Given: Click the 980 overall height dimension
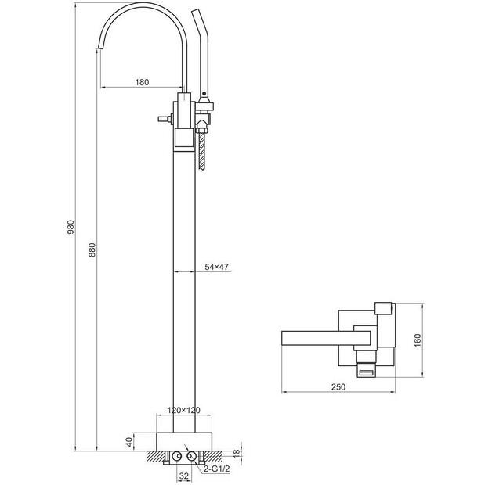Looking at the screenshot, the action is [x=71, y=227].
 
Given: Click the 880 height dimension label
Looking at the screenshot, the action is [x=92, y=250].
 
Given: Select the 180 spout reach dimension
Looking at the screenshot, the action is [x=142, y=82].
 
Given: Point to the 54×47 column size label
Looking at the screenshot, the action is [x=216, y=267].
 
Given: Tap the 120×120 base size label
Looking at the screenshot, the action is [x=183, y=410].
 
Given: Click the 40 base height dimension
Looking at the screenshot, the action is [x=129, y=442].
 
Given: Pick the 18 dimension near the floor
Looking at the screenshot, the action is [x=237, y=452].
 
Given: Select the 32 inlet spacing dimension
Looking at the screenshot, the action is [x=184, y=476].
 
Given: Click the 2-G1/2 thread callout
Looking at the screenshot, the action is [x=216, y=469].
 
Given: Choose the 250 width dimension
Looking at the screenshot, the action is [x=338, y=386].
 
